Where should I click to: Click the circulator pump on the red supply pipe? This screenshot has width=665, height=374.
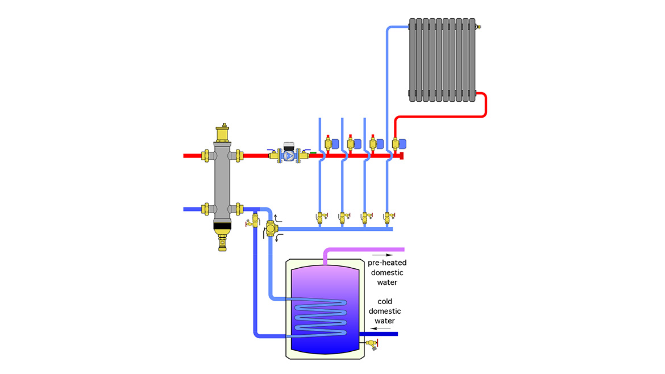coord(289,155)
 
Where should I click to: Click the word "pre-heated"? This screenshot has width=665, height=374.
coord(387,263)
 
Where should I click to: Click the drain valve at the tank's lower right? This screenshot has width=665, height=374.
coord(372,343)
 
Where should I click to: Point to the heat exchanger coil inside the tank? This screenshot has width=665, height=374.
coord(318,318)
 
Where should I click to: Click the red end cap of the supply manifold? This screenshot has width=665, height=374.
coord(402,155)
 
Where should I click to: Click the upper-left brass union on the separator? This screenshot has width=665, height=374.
coord(205,155)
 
